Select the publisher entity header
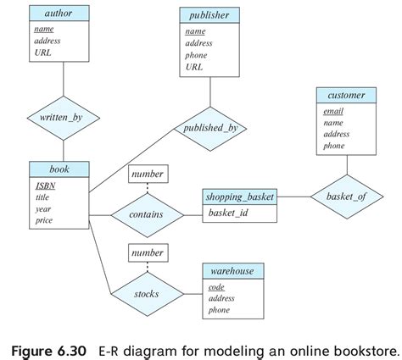pos(209,15)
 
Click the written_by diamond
pos(64,119)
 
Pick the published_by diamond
pos(209,129)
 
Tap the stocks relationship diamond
pos(146,294)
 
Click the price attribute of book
pos(43,220)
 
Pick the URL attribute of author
pos(42,52)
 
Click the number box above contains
pos(146,175)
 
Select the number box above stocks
pos(146,253)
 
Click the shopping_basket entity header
pos(239,197)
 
